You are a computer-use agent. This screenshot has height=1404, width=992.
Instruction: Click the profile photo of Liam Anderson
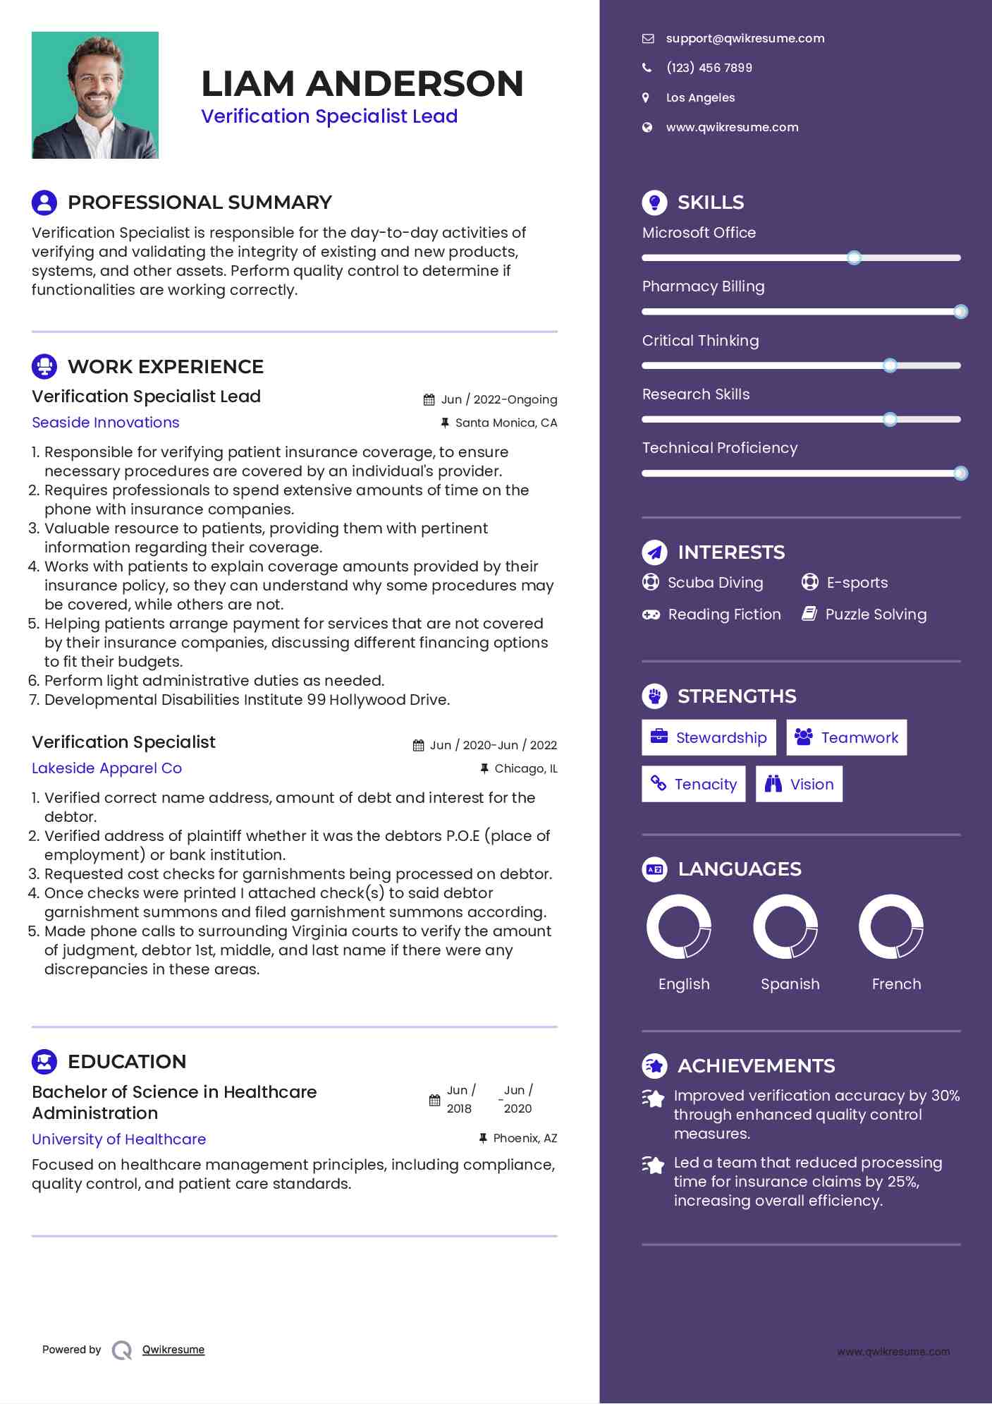(x=95, y=95)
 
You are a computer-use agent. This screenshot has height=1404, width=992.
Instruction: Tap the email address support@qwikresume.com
(x=745, y=39)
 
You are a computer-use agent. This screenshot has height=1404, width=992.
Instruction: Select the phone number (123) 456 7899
(x=709, y=68)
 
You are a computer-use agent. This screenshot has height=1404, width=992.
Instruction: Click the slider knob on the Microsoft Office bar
(x=854, y=258)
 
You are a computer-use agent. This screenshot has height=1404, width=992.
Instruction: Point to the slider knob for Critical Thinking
(x=890, y=365)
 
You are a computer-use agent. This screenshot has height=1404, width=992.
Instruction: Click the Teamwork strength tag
(x=846, y=738)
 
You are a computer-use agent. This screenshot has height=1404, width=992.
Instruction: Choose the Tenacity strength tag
(x=693, y=785)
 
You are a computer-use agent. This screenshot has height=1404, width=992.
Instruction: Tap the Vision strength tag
(x=799, y=785)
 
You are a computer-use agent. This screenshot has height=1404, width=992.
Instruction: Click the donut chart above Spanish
(x=785, y=926)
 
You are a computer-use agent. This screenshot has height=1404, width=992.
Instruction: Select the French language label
(x=896, y=984)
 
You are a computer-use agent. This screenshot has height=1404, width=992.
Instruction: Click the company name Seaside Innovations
(x=106, y=423)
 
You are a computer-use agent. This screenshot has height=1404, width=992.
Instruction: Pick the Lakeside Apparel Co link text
(x=106, y=768)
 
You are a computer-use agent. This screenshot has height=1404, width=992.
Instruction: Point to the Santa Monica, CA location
(x=506, y=423)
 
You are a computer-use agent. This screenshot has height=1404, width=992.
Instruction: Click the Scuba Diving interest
(x=715, y=583)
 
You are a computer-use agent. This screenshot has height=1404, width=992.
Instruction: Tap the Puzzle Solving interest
(x=876, y=615)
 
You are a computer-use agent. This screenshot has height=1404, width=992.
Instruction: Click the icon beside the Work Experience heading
(x=44, y=367)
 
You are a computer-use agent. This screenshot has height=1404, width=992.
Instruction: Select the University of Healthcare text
(x=118, y=1139)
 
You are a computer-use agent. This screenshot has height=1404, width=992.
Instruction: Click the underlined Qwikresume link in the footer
(x=173, y=1350)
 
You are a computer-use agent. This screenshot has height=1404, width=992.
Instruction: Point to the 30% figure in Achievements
(x=945, y=1096)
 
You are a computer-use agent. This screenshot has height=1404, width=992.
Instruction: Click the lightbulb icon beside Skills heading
(x=654, y=202)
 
